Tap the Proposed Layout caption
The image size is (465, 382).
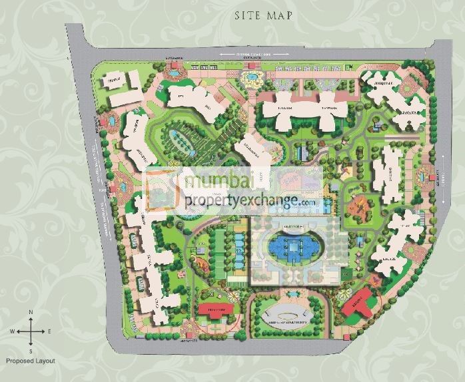[29, 360]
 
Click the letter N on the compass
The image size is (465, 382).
[31, 312]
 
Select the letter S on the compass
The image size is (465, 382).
[31, 349]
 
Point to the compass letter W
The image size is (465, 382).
[12, 331]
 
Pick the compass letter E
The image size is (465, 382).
[49, 331]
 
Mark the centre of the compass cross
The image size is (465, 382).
[31, 331]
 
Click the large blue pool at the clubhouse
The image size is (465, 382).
[294, 247]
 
